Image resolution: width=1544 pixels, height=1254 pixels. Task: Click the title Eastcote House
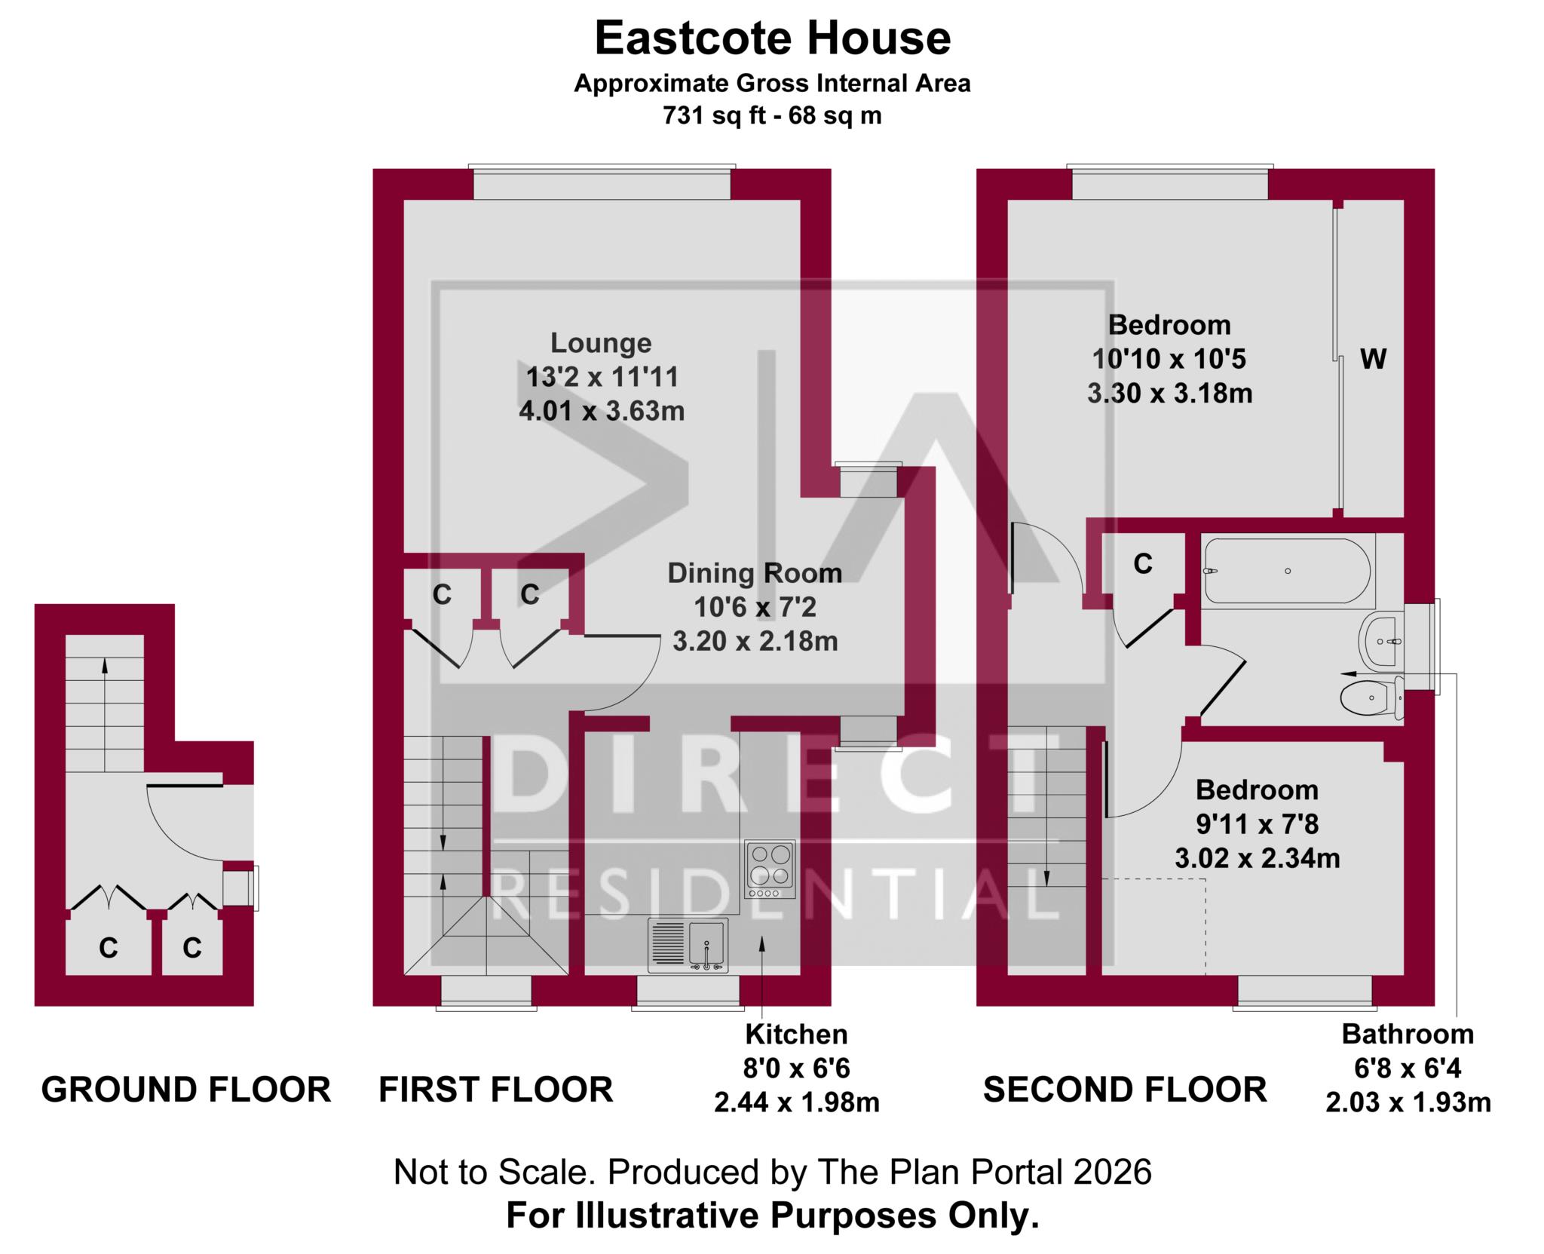point(772,39)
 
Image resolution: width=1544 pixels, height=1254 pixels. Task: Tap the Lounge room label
point(601,343)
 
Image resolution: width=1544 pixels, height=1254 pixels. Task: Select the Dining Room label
point(755,573)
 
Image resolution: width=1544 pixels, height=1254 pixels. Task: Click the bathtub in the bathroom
point(1288,571)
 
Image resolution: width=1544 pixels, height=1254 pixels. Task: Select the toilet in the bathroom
point(1371,698)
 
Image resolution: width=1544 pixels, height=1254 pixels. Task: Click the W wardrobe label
point(1373,360)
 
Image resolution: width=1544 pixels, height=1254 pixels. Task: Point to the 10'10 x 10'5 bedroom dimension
point(1169,359)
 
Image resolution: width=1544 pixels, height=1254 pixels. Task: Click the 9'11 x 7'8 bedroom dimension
point(1257,824)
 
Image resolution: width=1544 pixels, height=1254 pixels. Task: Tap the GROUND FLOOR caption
point(185,1090)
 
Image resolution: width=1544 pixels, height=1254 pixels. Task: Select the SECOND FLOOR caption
point(1124,1090)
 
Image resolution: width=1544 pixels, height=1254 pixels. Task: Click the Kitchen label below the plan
point(796,1034)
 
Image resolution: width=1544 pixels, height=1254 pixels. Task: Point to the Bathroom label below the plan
point(1408,1034)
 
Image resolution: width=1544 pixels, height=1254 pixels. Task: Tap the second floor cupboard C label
point(1143,563)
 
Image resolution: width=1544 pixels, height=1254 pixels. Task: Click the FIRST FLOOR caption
point(495,1090)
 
